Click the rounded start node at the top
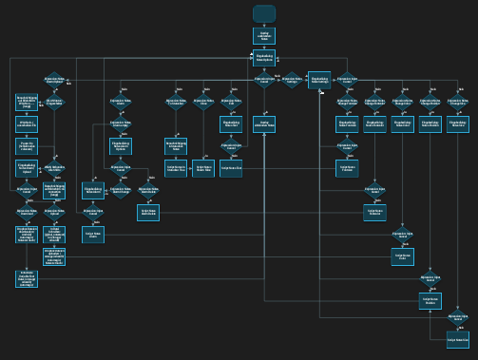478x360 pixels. [264, 13]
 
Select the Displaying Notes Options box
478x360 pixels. [264, 59]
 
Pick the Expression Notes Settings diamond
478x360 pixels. [292, 82]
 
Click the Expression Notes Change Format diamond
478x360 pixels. [348, 102]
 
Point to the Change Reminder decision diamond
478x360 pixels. [375, 102]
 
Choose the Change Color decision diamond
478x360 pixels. [403, 102]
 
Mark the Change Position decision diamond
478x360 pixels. [430, 102]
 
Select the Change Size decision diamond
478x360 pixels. [458, 102]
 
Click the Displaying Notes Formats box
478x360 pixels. [348, 124]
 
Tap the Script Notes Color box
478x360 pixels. [403, 256]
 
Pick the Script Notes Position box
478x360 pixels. [430, 300]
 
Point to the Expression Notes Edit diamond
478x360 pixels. [231, 102]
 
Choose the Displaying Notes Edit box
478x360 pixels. [231, 124]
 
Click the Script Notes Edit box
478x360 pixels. [231, 168]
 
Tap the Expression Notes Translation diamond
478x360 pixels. [176, 102]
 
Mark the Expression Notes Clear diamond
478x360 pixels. [203, 102]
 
